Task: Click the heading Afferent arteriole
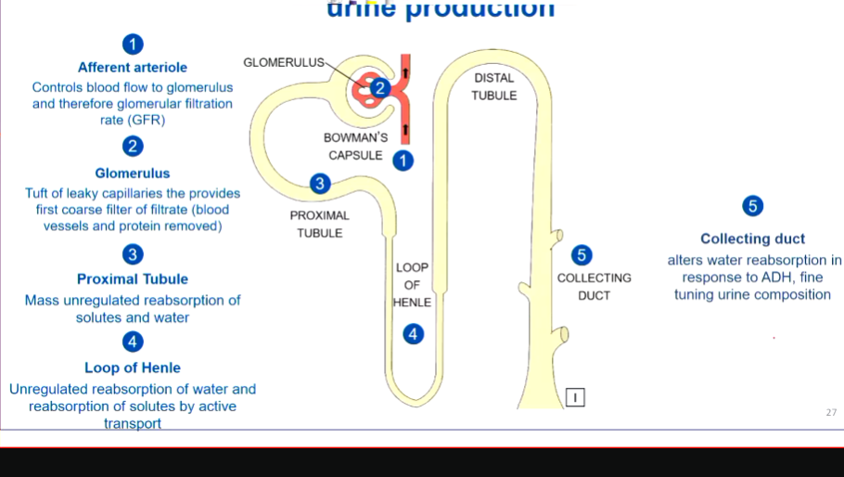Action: point(133,68)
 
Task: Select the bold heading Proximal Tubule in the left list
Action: point(133,279)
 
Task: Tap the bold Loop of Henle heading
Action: point(133,367)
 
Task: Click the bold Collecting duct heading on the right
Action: point(752,238)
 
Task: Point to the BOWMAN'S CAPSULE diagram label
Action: point(356,147)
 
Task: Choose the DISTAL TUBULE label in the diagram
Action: point(493,86)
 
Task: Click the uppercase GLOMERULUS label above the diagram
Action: point(284,62)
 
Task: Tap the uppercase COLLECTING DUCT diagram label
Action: point(594,287)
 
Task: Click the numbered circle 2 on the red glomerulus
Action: point(379,89)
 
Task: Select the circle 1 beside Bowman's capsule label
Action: point(403,161)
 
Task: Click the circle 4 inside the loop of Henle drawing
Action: point(414,334)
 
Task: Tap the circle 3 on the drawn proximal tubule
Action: point(320,184)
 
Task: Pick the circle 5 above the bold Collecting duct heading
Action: point(753,206)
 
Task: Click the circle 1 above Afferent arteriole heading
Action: point(134,44)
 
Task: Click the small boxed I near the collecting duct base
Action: point(575,397)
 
